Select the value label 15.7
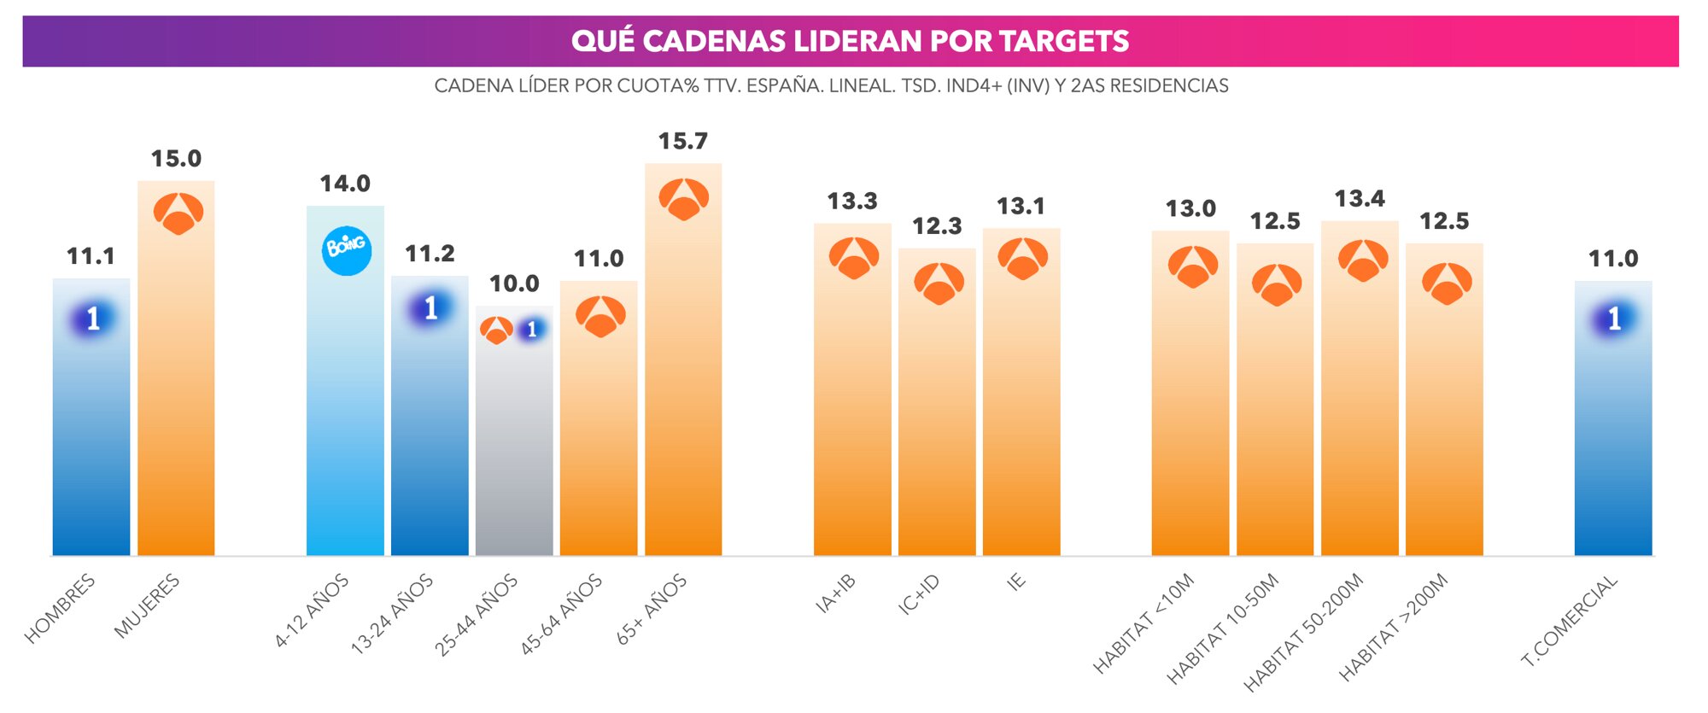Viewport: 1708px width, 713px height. pyautogui.click(x=682, y=141)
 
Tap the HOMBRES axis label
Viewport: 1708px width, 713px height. pyautogui.click(x=59, y=609)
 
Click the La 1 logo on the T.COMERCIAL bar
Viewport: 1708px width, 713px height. pyautogui.click(x=1613, y=319)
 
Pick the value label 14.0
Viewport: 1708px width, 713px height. pyautogui.click(x=345, y=184)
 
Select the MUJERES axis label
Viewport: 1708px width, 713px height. pyautogui.click(x=147, y=606)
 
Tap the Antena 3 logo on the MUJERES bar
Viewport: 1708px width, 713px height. pyautogui.click(x=178, y=213)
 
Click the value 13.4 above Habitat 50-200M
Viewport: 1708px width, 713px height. pyautogui.click(x=1360, y=199)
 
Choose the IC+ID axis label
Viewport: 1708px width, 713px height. pyautogui.click(x=919, y=594)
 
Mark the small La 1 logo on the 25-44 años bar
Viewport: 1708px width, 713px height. pyautogui.click(x=532, y=330)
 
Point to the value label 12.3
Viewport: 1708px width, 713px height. pyautogui.click(x=937, y=226)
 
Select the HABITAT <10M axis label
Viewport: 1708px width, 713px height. pyautogui.click(x=1144, y=623)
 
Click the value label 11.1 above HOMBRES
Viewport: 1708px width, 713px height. pyautogui.click(x=91, y=256)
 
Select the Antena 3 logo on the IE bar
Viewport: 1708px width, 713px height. pyautogui.click(x=1022, y=259)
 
